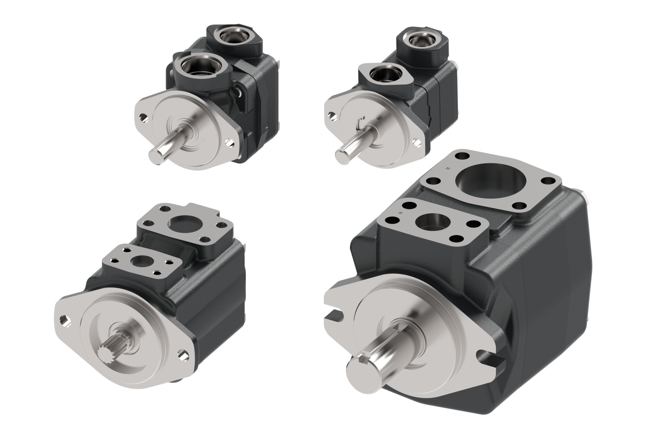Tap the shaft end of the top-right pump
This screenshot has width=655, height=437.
[x=343, y=156]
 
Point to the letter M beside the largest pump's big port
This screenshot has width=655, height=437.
[x=448, y=168]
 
